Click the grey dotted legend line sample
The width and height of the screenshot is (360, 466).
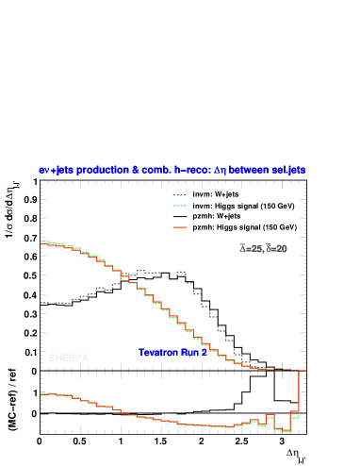[180, 195]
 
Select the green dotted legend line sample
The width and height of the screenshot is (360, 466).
[180, 206]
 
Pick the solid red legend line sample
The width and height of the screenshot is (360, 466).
[180, 227]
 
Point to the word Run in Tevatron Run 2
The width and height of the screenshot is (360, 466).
[189, 353]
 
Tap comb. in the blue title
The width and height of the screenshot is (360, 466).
[155, 171]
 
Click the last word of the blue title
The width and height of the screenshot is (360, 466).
[288, 171]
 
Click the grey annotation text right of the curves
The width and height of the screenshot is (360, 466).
[263, 249]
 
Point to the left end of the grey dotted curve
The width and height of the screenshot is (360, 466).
[41, 303]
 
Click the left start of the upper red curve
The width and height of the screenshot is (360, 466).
[41, 242]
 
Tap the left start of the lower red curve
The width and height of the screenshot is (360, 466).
[41, 393]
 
